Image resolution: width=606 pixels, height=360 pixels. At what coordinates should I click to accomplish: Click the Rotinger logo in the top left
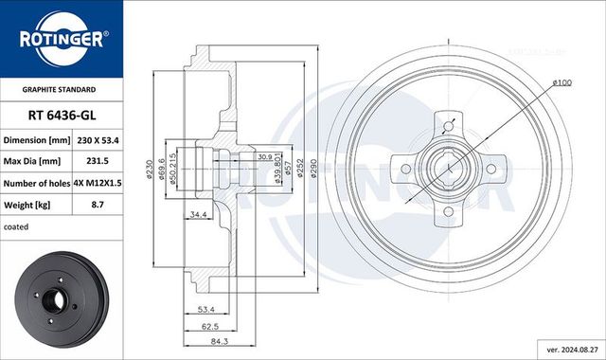click(x=62, y=39)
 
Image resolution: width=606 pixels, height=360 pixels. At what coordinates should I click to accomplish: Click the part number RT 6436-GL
click(x=62, y=114)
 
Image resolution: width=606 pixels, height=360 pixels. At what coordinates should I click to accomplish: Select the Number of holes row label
click(x=38, y=183)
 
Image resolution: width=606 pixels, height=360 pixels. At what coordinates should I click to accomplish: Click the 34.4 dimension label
click(x=199, y=215)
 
